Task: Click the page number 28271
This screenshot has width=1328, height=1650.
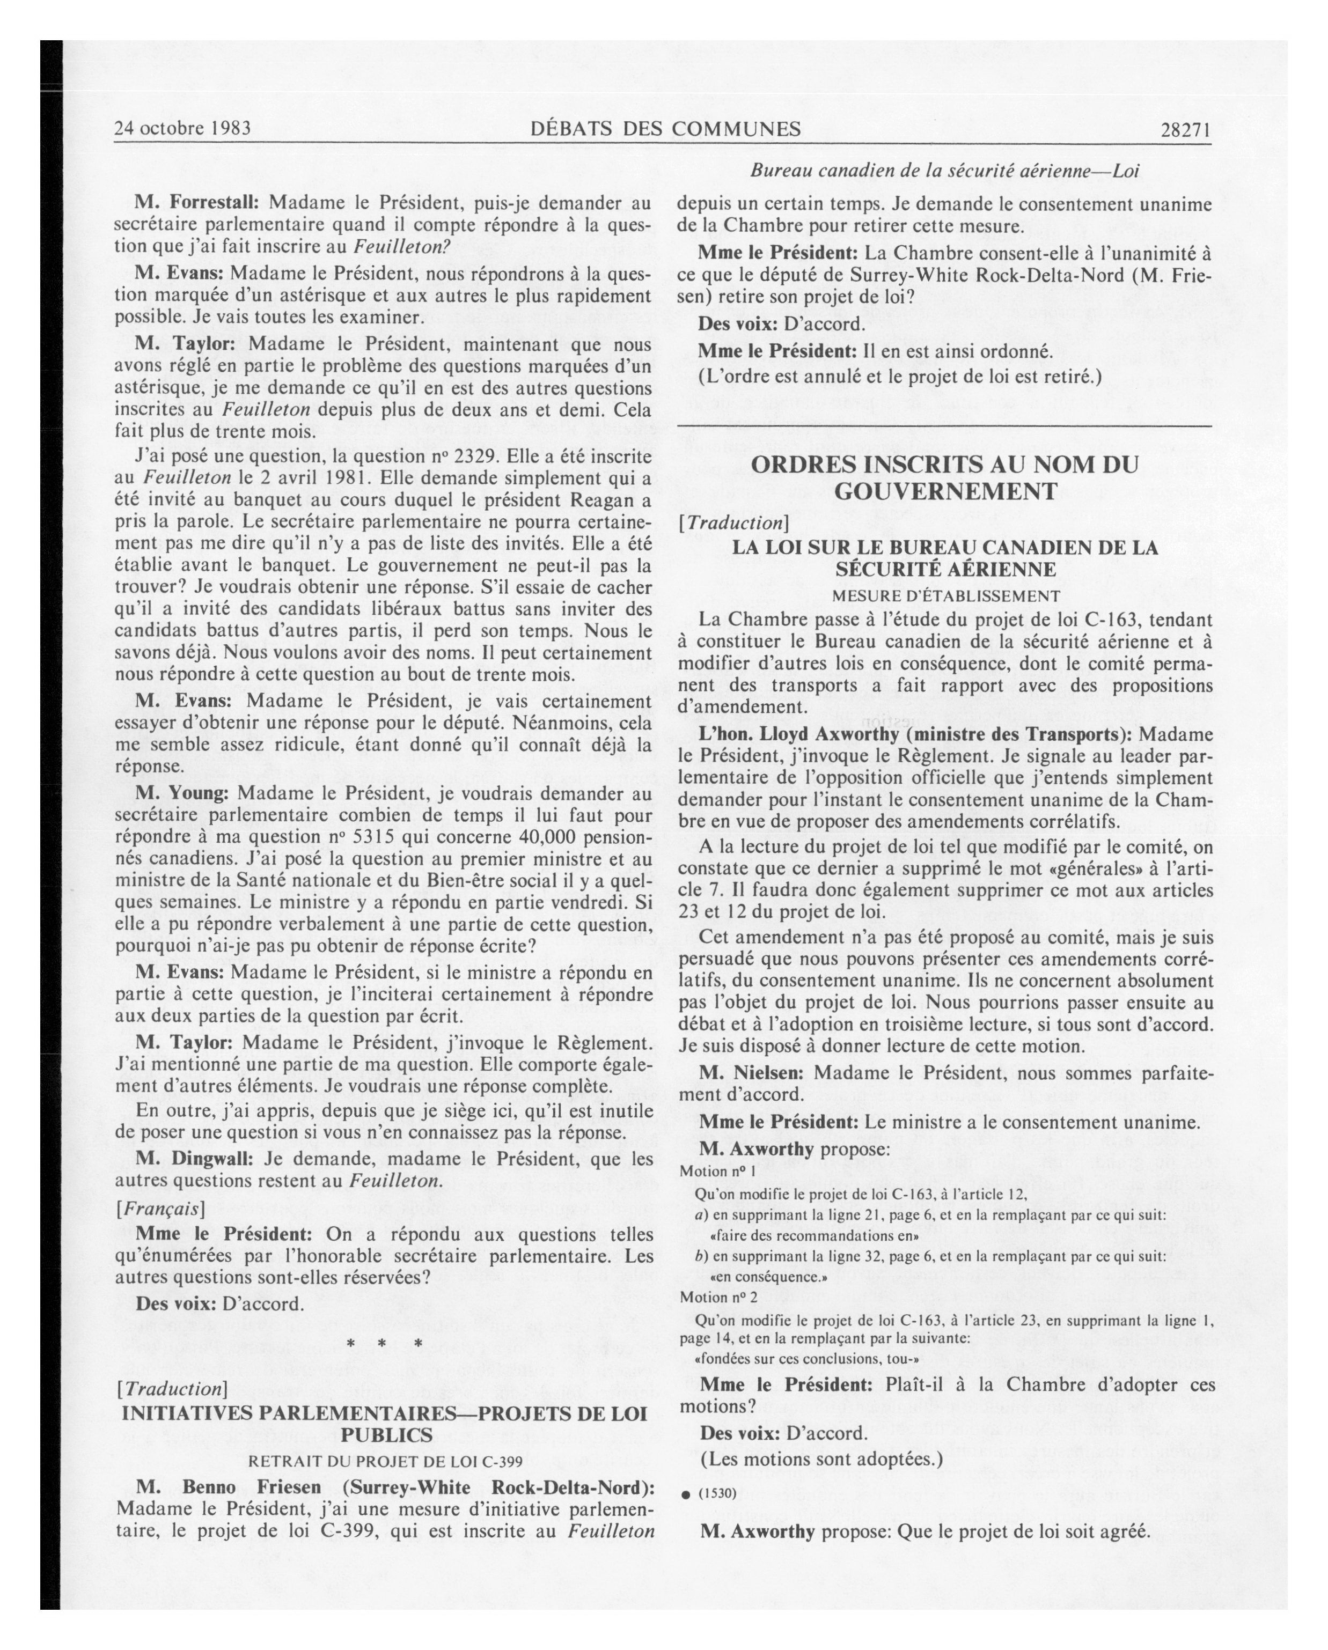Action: pos(1185,129)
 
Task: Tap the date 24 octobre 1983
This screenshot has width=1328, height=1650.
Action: pos(182,128)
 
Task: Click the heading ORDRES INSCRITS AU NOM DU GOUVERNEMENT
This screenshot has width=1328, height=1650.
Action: pos(944,477)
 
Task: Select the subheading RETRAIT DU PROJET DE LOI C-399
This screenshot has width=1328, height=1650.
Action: pos(385,1460)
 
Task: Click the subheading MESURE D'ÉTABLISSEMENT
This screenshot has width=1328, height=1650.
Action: pos(945,595)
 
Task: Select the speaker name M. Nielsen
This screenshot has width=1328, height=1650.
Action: pos(750,1073)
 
